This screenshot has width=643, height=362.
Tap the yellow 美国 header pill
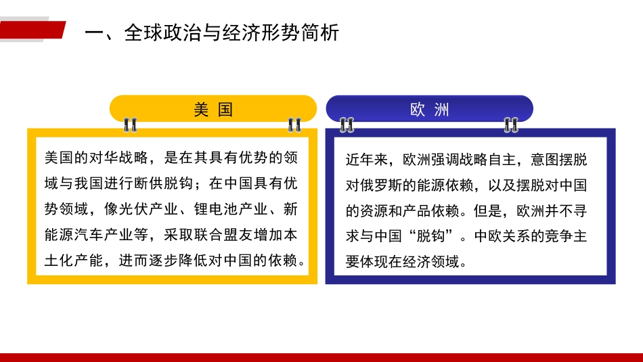click(x=213, y=109)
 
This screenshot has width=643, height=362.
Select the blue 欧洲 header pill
click(x=429, y=109)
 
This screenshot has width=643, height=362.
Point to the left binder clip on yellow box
click(x=130, y=125)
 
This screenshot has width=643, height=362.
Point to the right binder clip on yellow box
click(x=294, y=125)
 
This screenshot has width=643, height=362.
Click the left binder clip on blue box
click(x=347, y=125)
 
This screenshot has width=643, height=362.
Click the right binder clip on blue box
click(x=511, y=125)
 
